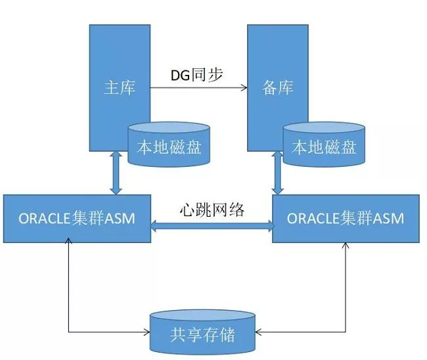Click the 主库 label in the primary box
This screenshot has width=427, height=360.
(120, 87)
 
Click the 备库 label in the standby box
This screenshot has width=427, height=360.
(278, 87)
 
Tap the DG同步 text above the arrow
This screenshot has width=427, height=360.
(197, 75)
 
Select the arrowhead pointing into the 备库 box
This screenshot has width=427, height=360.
(244, 87)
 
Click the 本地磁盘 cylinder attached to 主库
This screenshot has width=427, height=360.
(169, 145)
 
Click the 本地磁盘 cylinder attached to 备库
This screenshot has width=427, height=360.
(324, 145)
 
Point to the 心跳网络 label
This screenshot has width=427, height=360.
(212, 210)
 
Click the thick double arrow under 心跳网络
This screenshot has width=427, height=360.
(212, 226)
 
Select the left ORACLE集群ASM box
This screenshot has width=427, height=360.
(77, 218)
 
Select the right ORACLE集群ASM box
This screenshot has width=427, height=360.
(346, 218)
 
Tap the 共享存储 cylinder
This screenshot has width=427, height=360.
(202, 332)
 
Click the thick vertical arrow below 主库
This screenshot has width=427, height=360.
(116, 173)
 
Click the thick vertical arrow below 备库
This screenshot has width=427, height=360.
(278, 173)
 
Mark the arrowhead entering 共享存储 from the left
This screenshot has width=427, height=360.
(147, 332)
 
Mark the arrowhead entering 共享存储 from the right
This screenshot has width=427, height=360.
(259, 332)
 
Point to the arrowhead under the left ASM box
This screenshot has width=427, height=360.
(68, 240)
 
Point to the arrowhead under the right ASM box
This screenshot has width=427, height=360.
(346, 246)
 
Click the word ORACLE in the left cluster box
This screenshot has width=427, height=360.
(45, 218)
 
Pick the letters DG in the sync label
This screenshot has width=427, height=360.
(180, 76)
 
